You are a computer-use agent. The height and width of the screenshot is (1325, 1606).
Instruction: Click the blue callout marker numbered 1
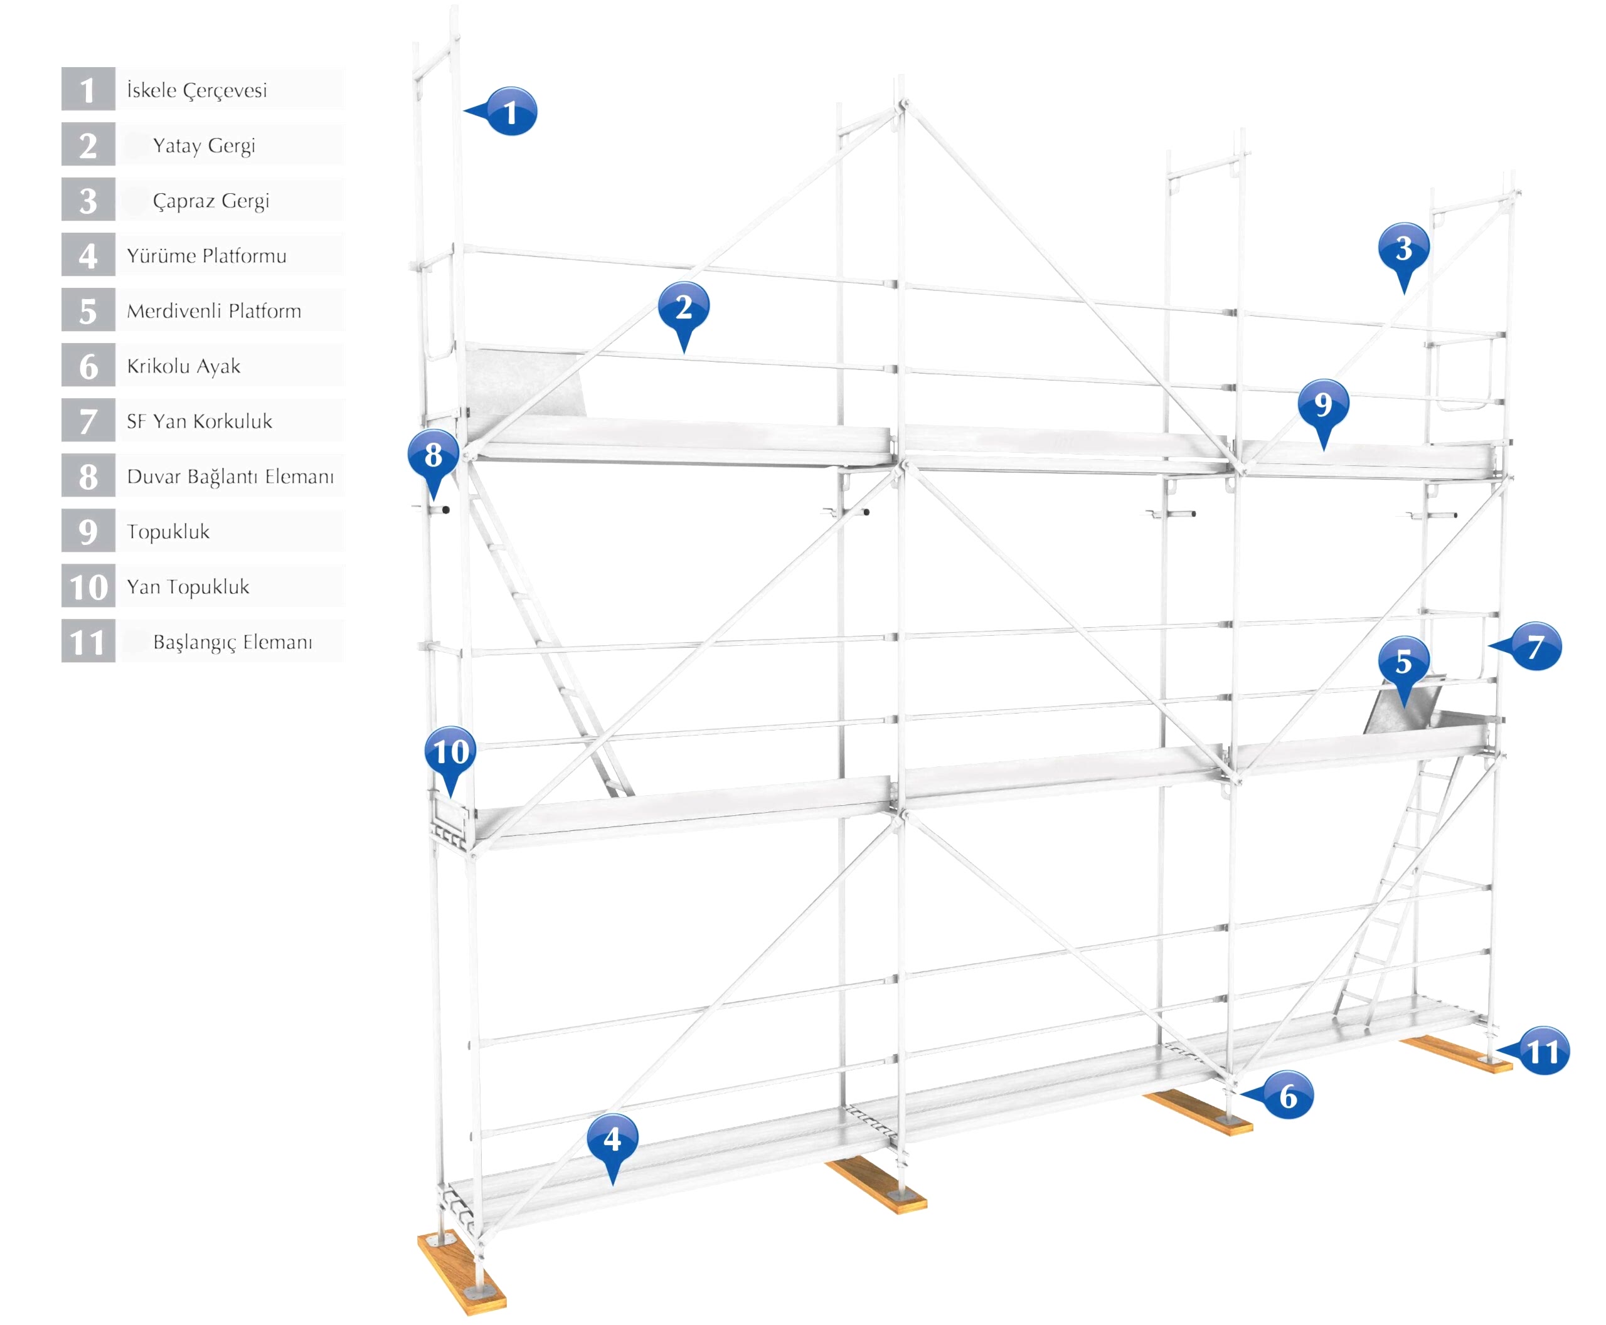(510, 112)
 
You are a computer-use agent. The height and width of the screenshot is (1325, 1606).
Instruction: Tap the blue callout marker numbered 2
(683, 308)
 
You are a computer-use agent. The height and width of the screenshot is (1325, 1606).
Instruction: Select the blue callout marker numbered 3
(1403, 249)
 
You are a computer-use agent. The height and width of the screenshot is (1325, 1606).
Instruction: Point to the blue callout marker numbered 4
(612, 1139)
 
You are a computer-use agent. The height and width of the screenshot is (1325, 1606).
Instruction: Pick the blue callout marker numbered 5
(1403, 662)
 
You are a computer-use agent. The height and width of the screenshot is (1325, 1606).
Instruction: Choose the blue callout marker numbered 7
(1536, 647)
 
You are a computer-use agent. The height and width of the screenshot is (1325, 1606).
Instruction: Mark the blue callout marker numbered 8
(433, 456)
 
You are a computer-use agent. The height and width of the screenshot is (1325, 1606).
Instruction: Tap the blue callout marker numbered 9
(1322, 404)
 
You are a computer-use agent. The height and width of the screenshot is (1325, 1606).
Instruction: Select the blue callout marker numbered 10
(450, 752)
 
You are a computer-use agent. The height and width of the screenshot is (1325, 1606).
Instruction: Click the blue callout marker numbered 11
(1543, 1052)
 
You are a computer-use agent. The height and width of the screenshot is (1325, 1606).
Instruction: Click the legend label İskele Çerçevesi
(197, 90)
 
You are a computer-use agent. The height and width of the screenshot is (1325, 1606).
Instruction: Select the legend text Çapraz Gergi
(211, 201)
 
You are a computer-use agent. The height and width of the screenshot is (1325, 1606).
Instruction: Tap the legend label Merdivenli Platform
(214, 310)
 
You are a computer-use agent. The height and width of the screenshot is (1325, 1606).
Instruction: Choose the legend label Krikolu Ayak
(183, 366)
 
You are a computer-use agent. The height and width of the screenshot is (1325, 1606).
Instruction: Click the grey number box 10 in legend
(88, 586)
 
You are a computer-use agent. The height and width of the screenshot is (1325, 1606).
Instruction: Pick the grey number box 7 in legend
(88, 421)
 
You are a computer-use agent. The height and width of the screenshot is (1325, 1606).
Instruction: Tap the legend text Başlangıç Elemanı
(232, 642)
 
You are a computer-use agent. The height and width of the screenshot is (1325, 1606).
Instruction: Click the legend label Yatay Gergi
(204, 145)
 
